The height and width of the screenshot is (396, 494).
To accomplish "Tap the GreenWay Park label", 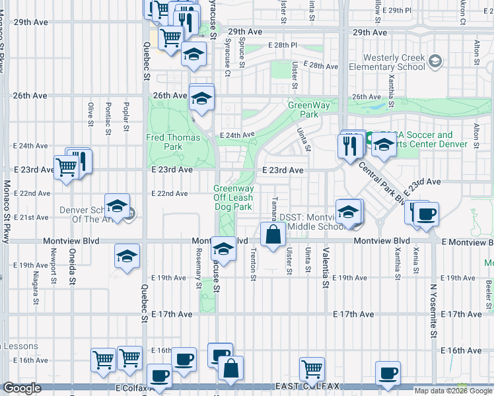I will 304,110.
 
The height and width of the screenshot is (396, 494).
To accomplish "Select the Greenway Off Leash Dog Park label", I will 233,197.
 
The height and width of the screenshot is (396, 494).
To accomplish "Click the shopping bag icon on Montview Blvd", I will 272,234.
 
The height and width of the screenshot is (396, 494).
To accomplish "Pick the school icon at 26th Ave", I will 200,99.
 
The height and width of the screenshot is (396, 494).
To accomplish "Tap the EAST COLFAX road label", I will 298,386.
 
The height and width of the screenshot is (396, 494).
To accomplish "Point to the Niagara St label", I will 34,288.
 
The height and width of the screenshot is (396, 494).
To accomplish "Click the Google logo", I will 22,388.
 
